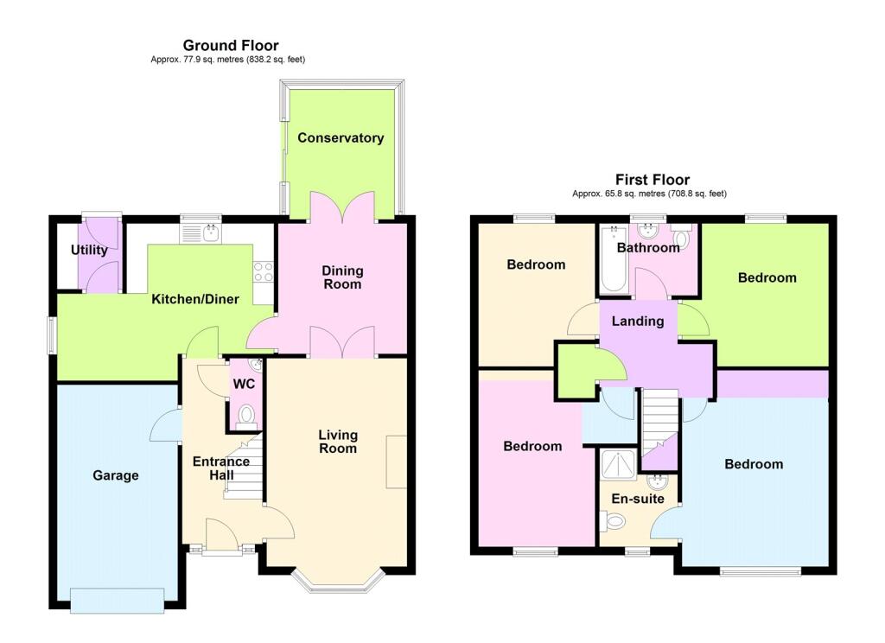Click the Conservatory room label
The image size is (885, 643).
click(341, 137)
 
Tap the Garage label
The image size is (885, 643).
click(116, 475)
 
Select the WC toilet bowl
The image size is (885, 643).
click(246, 415)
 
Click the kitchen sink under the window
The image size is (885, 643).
click(201, 233)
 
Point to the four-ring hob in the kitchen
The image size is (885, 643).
click(264, 272)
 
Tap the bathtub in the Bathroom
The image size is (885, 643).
click(614, 259)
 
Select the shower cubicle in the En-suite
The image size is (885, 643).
click(619, 464)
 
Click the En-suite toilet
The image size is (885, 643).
click(613, 520)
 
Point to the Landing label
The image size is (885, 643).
click(638, 321)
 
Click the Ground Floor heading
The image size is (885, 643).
click(231, 45)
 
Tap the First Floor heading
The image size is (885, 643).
click(653, 180)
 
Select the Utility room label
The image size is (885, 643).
click(89, 250)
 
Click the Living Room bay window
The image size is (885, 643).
click(339, 582)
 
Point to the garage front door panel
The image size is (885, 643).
click(118, 600)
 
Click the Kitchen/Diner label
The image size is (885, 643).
click(195, 299)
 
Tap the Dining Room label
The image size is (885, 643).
click(342, 277)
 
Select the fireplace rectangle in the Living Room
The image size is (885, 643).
click(396, 462)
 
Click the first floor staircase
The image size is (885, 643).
click(660, 430)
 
